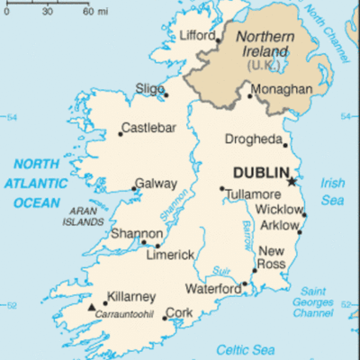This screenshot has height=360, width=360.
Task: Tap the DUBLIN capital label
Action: coord(261,172)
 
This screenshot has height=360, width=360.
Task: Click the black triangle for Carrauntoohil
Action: coord(91,307)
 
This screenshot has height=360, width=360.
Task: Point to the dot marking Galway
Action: coord(135,188)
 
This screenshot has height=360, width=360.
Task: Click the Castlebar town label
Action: coord(148,127)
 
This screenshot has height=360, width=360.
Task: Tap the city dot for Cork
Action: coord(164,318)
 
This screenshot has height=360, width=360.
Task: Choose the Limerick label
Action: coord(169,255)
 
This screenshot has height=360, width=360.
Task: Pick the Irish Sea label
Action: coord(334,190)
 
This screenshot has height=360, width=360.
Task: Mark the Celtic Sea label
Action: coord(249,349)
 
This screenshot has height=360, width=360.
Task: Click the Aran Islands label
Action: coord(84,215)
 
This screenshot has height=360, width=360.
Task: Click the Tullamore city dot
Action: coord(222,189)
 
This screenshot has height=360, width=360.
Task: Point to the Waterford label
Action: coord(212,289)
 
